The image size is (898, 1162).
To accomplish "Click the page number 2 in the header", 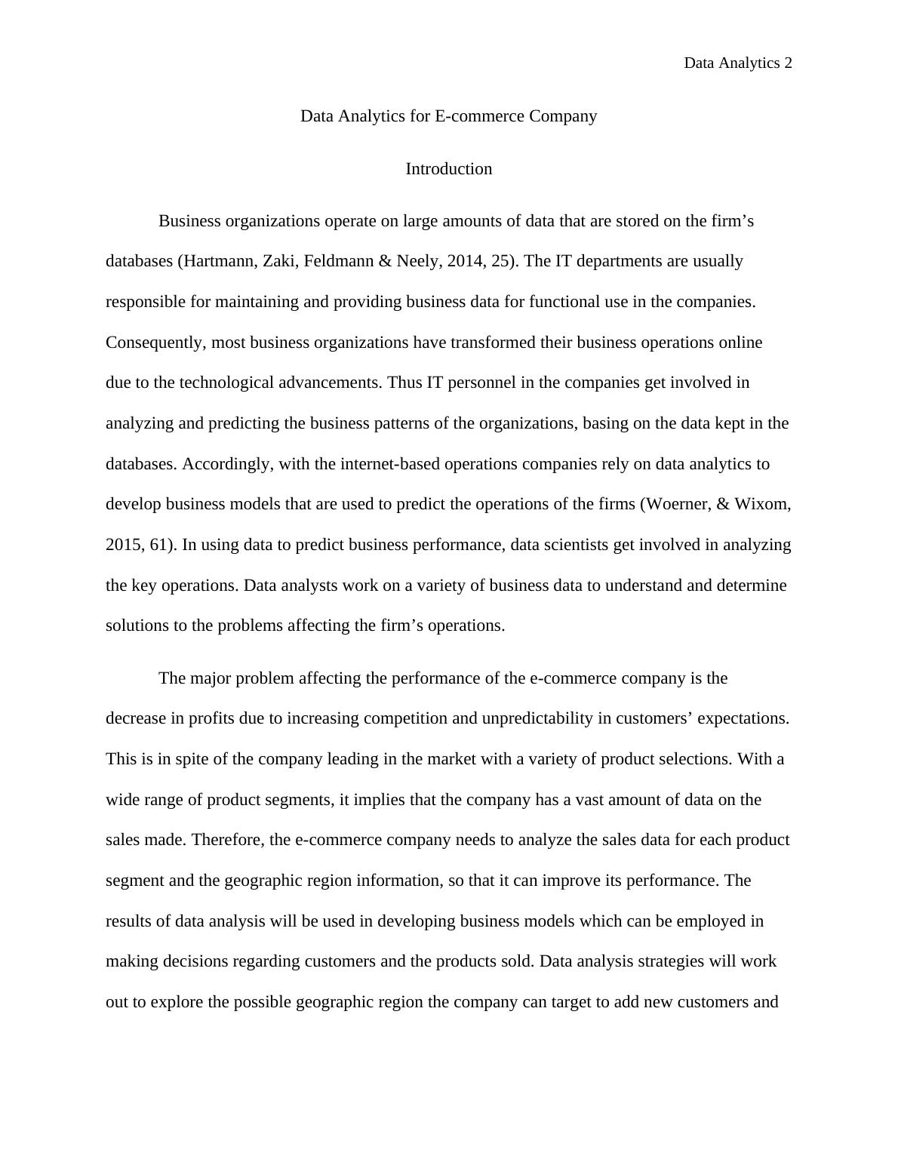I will [788, 63].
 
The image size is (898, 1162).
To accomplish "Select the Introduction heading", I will [448, 169].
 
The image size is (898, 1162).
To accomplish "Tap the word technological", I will [226, 383].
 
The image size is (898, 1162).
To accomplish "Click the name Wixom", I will [763, 504].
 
